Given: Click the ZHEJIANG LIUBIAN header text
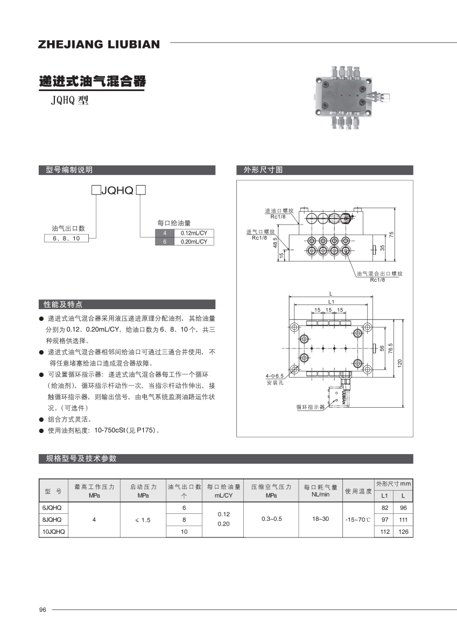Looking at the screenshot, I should pos(99,44).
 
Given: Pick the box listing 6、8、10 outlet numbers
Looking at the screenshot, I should pos(66,238).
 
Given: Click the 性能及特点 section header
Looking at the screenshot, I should pos(64,304).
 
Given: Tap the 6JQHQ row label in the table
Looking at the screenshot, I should pos(52,508).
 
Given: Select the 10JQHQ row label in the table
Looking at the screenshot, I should pos(53,532).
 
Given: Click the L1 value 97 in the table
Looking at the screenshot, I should pos(384,520).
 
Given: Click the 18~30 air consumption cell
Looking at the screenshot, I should pos(320,519).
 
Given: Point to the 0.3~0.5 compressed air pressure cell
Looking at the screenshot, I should pos(271,519).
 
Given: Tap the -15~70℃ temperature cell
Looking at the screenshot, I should pos(358,520).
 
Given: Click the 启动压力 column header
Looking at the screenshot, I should pos(143,487).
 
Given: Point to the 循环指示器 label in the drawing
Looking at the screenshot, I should pos(311,407).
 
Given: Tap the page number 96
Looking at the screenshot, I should pos(43,610).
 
